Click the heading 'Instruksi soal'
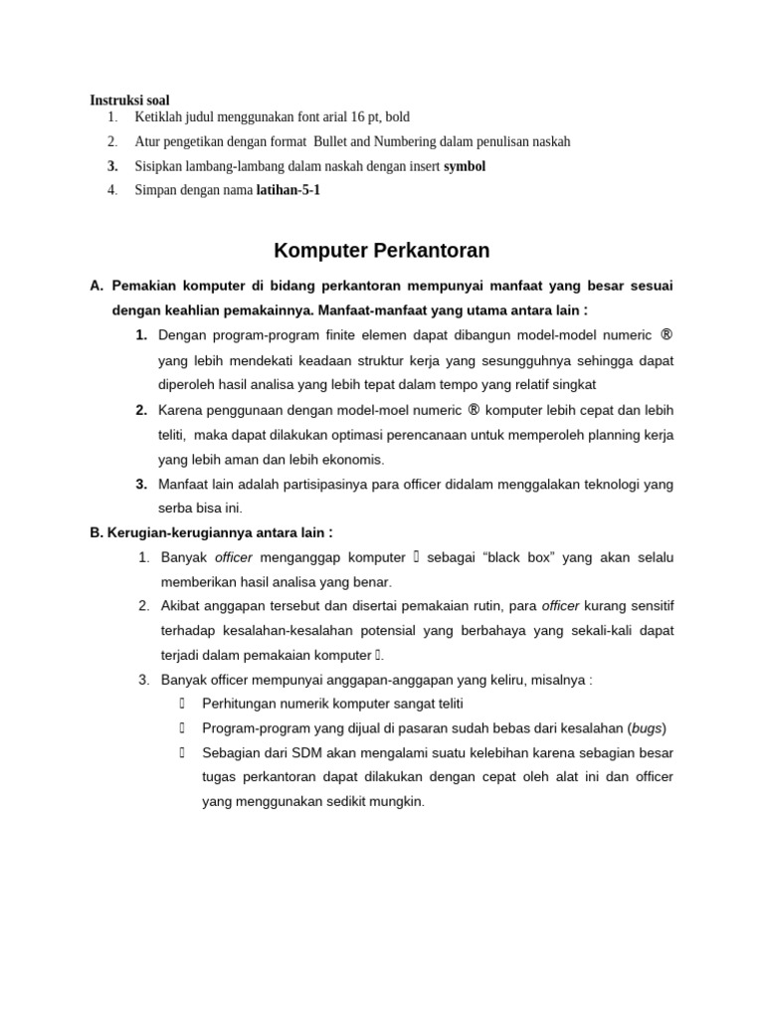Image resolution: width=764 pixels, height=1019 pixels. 129,101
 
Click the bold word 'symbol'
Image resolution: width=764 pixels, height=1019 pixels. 465,166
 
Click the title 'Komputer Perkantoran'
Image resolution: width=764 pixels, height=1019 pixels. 382,250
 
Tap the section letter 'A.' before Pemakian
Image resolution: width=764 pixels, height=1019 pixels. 96,286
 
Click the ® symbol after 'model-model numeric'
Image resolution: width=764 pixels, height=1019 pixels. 666,334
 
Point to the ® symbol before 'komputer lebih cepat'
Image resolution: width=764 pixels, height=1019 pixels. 475,409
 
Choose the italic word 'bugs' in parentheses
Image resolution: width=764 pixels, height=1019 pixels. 648,727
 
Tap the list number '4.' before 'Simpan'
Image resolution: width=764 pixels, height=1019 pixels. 112,190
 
